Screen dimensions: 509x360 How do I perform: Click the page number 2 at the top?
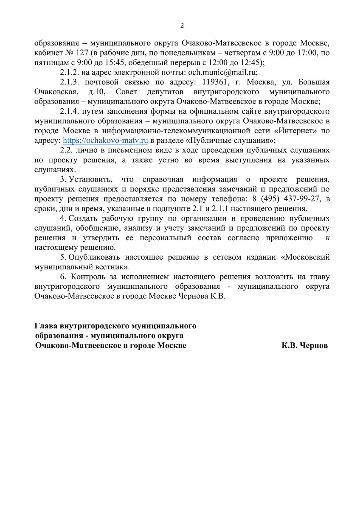(182, 25)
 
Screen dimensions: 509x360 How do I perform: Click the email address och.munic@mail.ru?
(223, 72)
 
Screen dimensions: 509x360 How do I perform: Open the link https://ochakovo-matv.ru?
(105, 140)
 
